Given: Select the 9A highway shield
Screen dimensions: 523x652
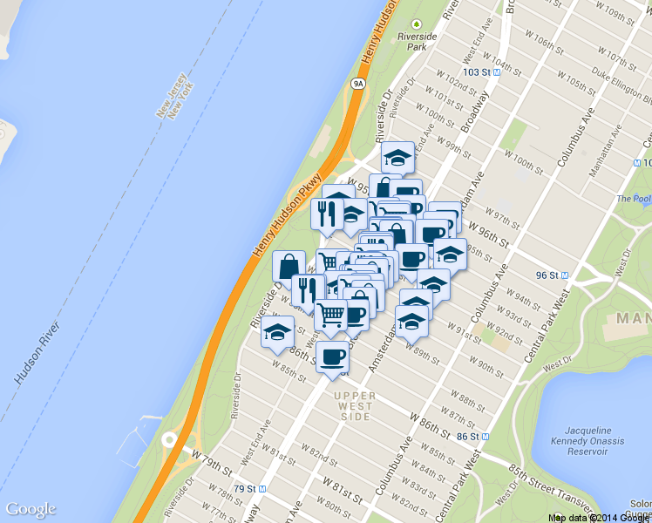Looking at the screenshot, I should pyautogui.click(x=357, y=83).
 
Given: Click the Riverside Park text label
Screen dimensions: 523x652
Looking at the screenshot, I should pyautogui.click(x=417, y=42).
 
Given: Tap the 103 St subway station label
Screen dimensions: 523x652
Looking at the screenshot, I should pyautogui.click(x=481, y=72).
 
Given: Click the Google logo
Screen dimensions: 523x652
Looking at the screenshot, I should pyautogui.click(x=31, y=510).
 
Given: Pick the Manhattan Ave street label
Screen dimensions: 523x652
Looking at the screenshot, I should pyautogui.click(x=608, y=157).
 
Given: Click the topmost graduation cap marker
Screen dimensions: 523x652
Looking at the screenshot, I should pyautogui.click(x=397, y=158).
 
